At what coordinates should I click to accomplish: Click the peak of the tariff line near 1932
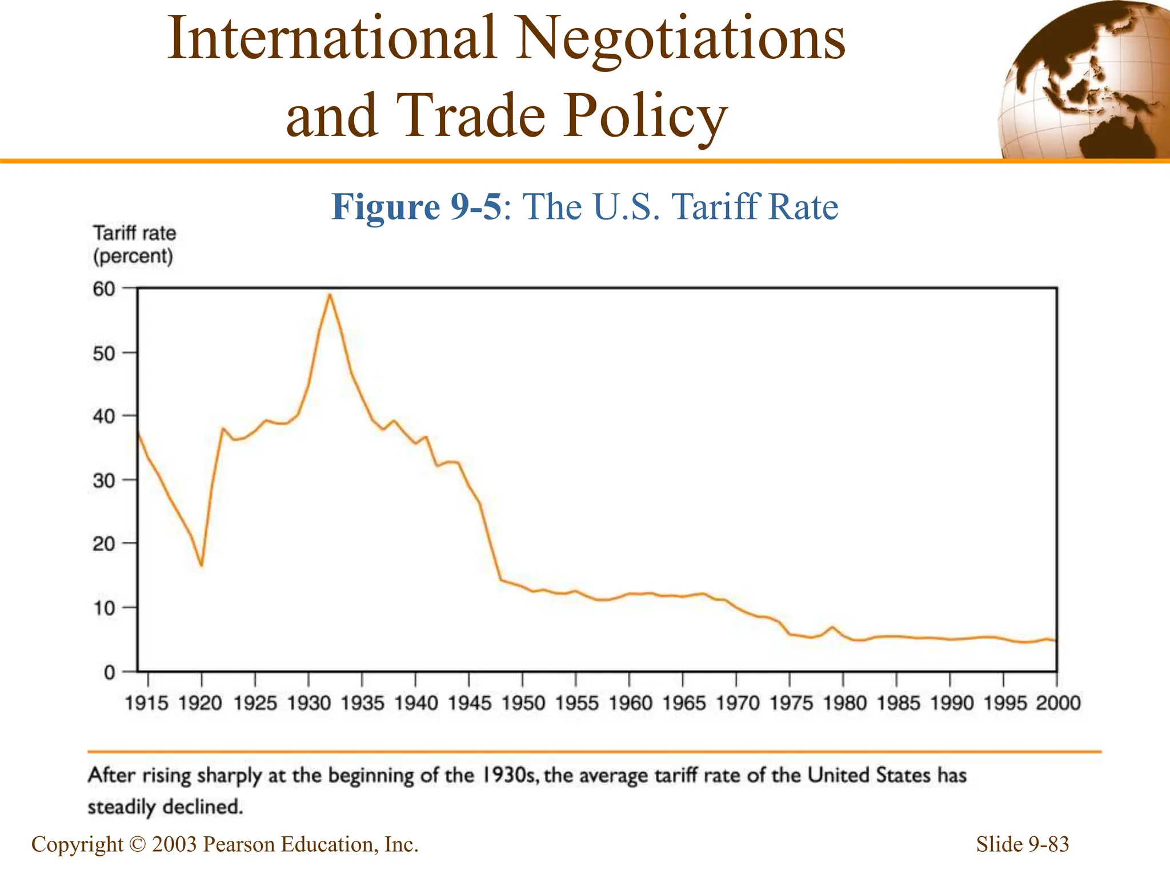tap(330, 294)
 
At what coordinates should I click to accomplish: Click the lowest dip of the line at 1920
tap(201, 565)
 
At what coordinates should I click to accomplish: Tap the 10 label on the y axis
tap(103, 608)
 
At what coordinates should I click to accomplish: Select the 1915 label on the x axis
tap(147, 703)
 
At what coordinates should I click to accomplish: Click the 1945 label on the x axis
tap(469, 703)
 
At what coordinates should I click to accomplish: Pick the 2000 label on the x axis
tap(1057, 703)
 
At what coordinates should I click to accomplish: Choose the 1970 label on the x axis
tap(737, 703)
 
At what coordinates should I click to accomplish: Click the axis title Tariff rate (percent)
tap(134, 245)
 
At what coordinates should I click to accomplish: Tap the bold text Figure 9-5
tap(416, 206)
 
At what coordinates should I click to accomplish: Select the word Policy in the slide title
tap(644, 116)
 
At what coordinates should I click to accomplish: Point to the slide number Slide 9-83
tap(1022, 844)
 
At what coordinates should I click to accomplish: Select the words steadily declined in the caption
tap(166, 807)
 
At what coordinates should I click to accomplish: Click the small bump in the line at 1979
tap(832, 627)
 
